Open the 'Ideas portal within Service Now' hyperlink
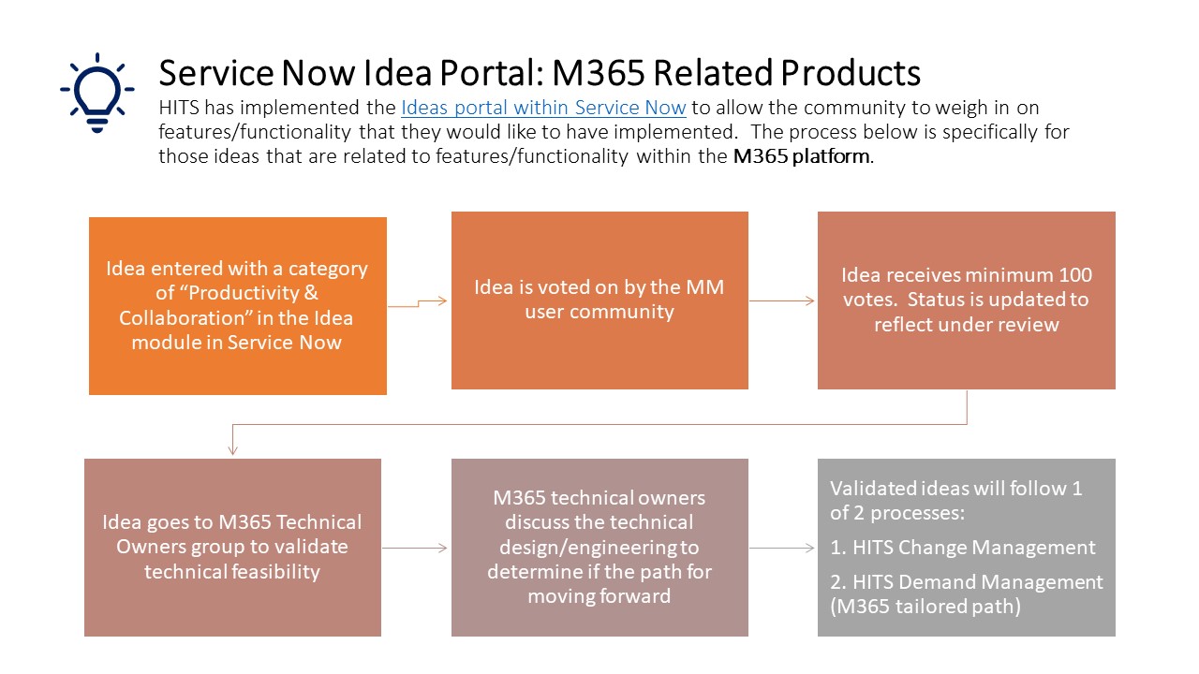(543, 108)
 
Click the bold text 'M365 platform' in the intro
(802, 156)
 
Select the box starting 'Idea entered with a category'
(237, 305)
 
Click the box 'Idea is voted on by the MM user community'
(599, 300)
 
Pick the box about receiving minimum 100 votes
(966, 300)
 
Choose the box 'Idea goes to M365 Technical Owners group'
(232, 547)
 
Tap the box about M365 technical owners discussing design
(599, 547)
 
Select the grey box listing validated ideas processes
(966, 547)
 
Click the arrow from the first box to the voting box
(418, 302)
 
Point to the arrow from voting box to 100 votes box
(782, 300)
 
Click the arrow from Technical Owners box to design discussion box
(415, 548)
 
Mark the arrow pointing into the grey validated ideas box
(782, 548)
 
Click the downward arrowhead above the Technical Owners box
(232, 449)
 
